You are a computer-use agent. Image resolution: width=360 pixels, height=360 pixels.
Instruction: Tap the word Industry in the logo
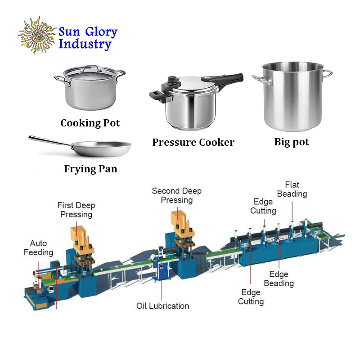[85, 45]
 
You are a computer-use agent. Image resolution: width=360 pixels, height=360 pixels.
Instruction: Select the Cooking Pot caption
[90, 123]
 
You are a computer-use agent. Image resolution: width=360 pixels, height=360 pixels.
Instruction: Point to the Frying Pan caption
[90, 169]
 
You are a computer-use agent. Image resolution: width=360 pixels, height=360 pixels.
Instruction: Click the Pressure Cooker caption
[193, 143]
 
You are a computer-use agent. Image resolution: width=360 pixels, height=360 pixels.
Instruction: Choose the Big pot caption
[292, 142]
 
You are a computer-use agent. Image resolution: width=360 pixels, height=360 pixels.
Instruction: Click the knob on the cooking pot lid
[90, 67]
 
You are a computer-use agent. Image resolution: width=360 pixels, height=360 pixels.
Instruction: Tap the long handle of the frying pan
[49, 141]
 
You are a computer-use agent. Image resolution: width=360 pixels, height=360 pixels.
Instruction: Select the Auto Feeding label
[38, 248]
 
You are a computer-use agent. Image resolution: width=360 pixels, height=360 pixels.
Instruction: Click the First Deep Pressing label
[76, 210]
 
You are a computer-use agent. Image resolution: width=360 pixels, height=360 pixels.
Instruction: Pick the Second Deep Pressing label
[176, 195]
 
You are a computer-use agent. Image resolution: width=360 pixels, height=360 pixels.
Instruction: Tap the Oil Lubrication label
[162, 306]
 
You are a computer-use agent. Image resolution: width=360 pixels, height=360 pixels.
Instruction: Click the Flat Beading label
[292, 189]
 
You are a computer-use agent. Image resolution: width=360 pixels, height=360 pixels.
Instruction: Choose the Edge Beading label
[279, 279]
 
